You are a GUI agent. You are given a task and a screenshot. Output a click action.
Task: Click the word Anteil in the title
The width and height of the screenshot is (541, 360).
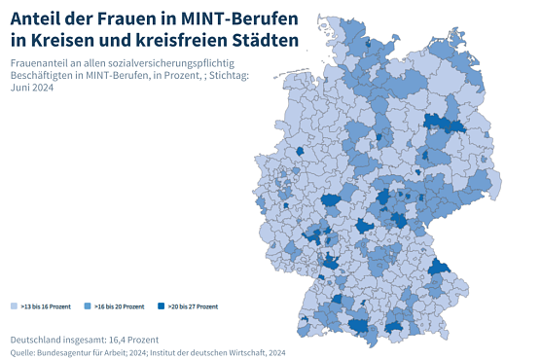coord(38,18)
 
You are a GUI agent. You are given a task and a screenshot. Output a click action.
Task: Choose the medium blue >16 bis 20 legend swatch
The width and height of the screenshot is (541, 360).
coord(89,306)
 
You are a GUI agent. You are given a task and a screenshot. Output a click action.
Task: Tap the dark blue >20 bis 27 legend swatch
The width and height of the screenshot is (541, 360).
coord(162,306)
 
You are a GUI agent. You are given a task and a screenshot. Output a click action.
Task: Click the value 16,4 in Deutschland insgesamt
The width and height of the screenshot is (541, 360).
coord(113,338)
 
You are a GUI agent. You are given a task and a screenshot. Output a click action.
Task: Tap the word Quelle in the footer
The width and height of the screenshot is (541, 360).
coord(22,351)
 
